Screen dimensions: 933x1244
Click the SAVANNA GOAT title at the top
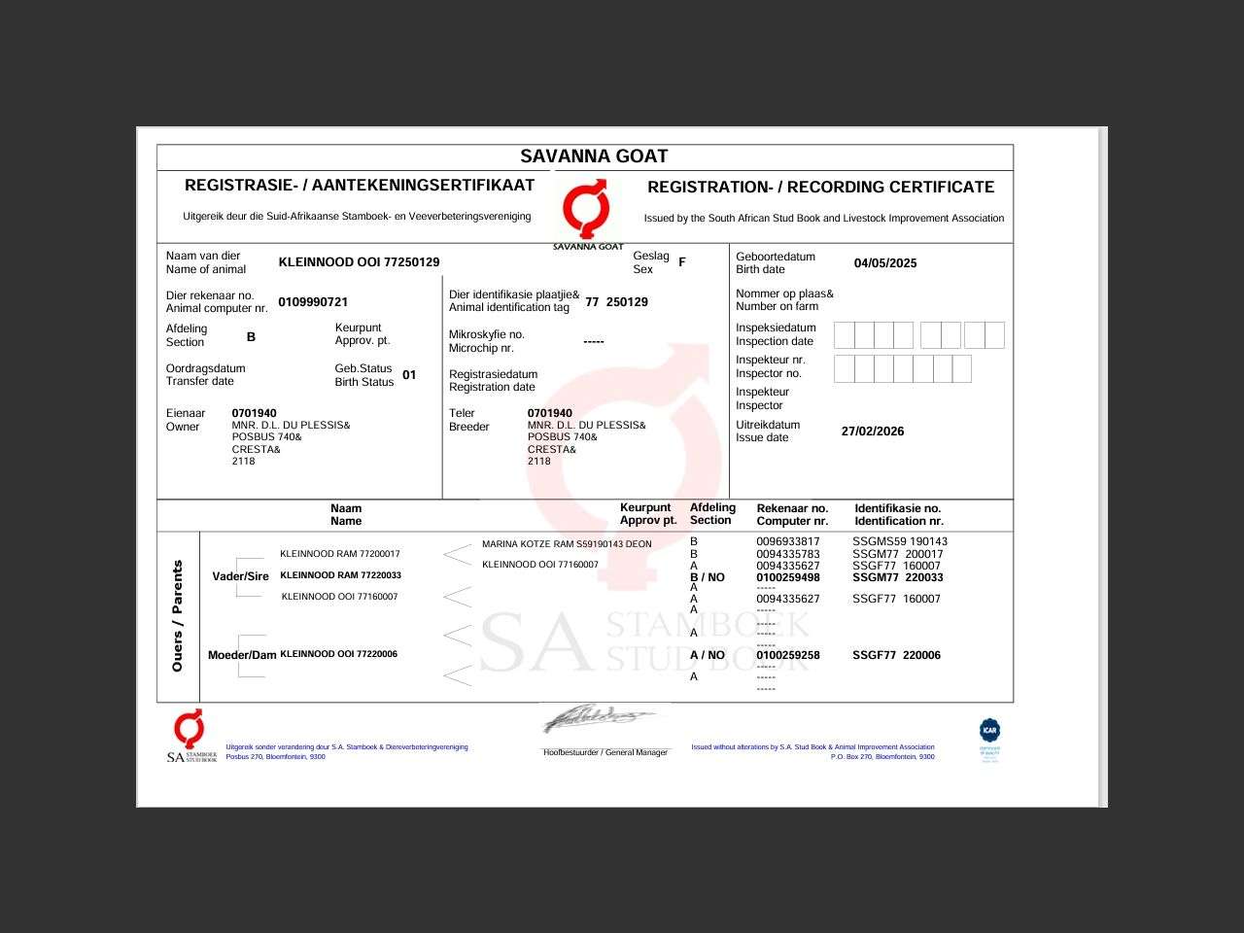click(x=594, y=156)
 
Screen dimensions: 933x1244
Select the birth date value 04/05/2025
click(x=885, y=263)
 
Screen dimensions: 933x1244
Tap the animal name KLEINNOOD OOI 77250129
click(x=359, y=262)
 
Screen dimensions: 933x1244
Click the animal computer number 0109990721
click(x=313, y=302)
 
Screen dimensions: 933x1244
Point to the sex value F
click(x=682, y=262)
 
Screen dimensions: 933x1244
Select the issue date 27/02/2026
click(x=873, y=432)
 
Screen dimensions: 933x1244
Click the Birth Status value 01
click(x=409, y=375)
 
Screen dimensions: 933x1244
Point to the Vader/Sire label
click(x=240, y=577)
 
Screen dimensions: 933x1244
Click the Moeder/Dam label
click(x=242, y=656)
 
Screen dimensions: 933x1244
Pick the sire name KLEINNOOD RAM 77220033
click(x=340, y=575)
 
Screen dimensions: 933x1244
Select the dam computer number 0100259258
click(x=788, y=656)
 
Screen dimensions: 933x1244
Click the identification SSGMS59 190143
click(x=900, y=542)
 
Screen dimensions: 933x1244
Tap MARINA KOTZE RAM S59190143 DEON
click(x=567, y=544)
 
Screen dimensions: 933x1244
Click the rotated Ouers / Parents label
click(x=177, y=616)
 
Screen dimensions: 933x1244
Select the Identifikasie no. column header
click(x=899, y=515)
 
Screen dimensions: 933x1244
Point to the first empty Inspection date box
click(x=844, y=335)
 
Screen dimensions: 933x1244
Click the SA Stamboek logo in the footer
click(x=190, y=737)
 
